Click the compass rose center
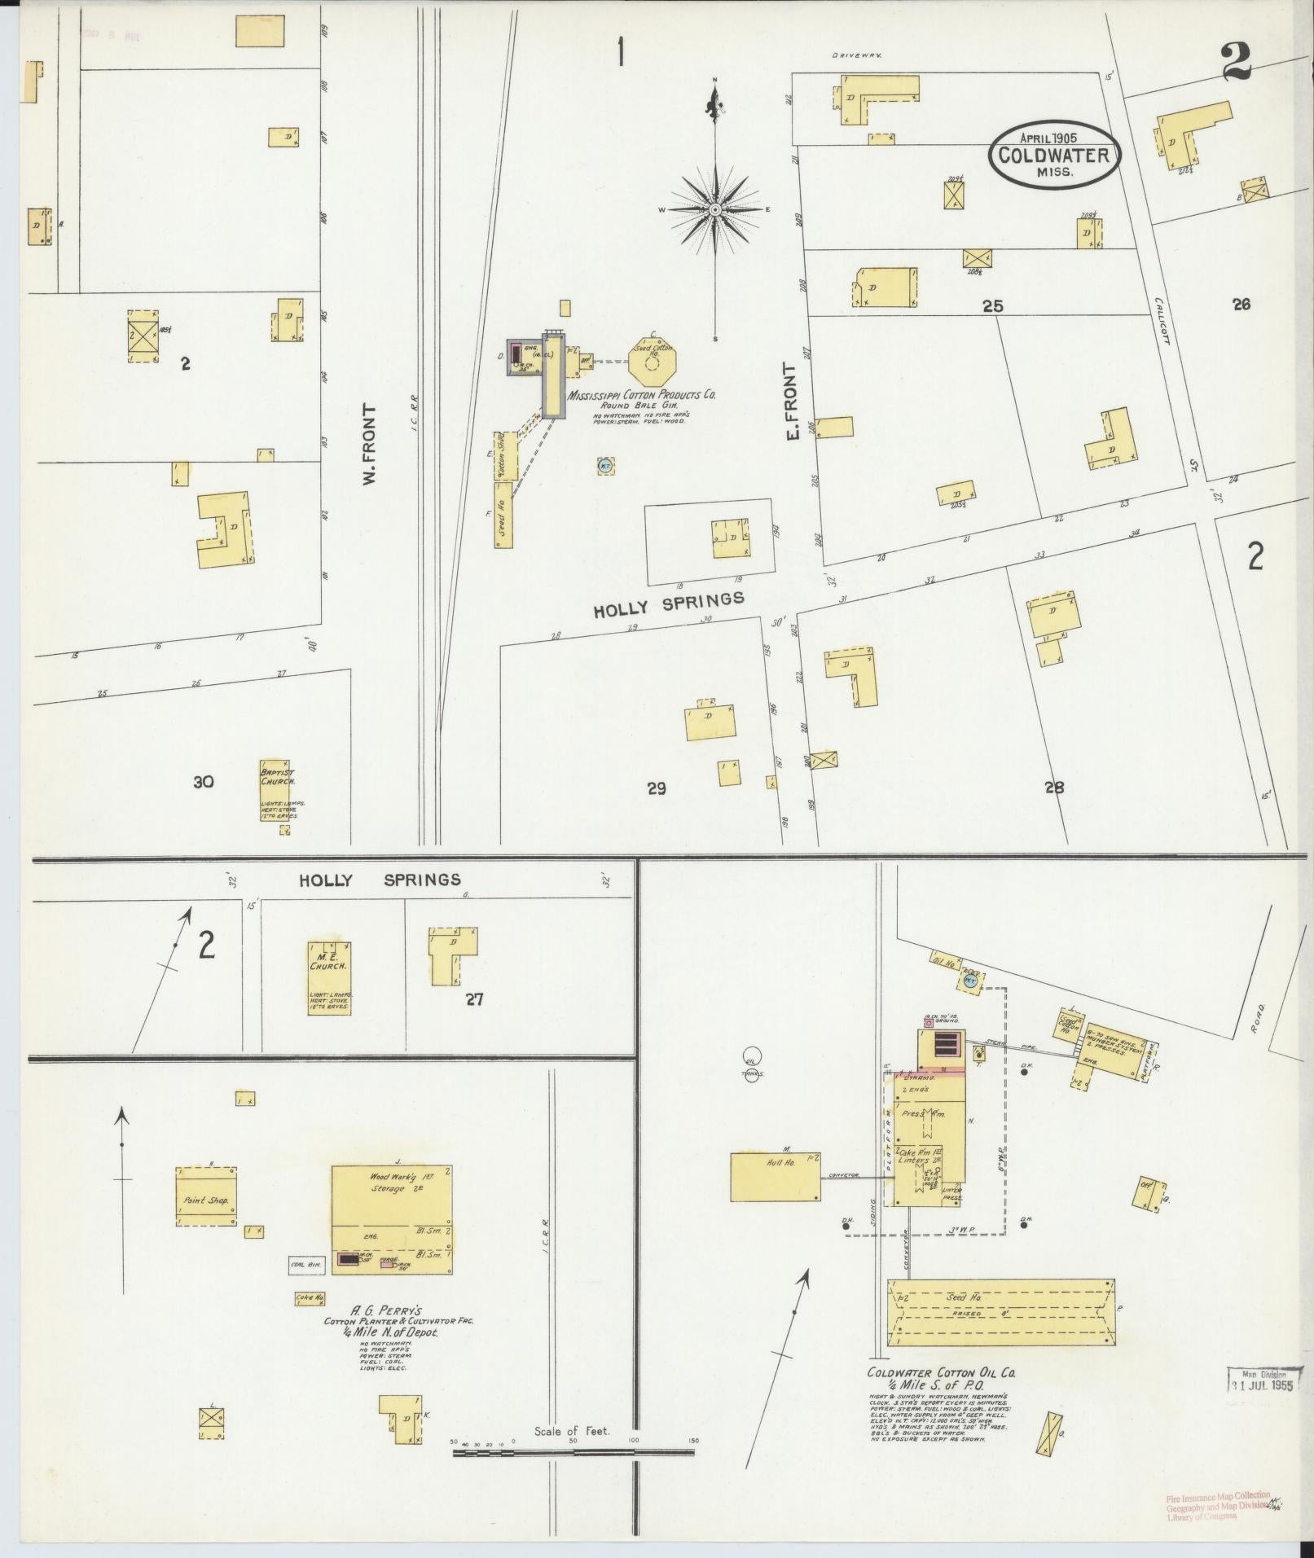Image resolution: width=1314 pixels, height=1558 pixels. pos(715,209)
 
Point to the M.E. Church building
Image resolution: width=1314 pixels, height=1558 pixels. pos(329,977)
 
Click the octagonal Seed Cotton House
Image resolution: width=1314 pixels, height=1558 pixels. pos(653,361)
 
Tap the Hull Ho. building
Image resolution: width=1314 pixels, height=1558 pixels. pos(775,1175)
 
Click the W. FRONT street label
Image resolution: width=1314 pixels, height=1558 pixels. pos(372,445)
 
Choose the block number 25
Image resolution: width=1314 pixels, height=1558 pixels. pos(992,306)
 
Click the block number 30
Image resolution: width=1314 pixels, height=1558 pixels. pos(203,782)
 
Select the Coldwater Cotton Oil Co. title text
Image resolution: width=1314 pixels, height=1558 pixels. pos(940,1372)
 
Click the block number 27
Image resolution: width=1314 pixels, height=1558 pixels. pos(474,998)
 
